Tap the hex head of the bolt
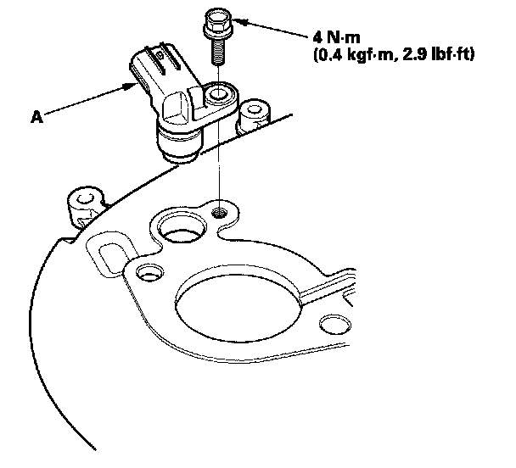211,19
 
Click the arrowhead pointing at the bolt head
235,20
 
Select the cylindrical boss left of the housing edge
83,202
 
